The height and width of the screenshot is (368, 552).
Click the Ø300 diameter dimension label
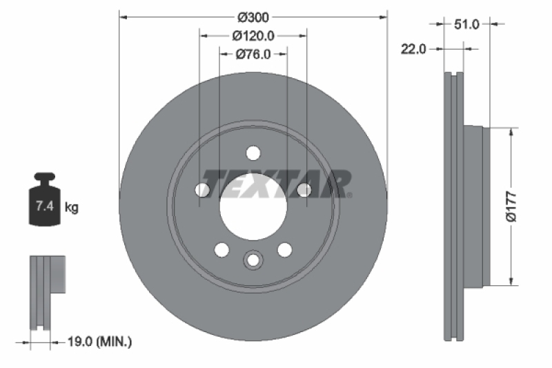point(253,16)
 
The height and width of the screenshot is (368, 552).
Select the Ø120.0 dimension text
point(253,35)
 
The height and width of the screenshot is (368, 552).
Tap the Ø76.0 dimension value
point(253,55)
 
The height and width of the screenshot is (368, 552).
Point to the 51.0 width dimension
point(466,24)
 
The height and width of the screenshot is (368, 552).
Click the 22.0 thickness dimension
point(415,48)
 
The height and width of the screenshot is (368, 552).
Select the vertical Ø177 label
point(511,206)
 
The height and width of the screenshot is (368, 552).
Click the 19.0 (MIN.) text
point(100,341)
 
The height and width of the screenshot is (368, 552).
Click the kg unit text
point(72,206)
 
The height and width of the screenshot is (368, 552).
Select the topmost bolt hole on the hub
point(253,153)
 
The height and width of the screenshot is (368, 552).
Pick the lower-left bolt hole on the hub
point(221,249)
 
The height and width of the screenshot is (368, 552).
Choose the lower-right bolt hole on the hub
point(284,249)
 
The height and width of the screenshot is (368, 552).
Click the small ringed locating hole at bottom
point(253,260)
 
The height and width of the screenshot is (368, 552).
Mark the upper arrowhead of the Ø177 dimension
point(511,132)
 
